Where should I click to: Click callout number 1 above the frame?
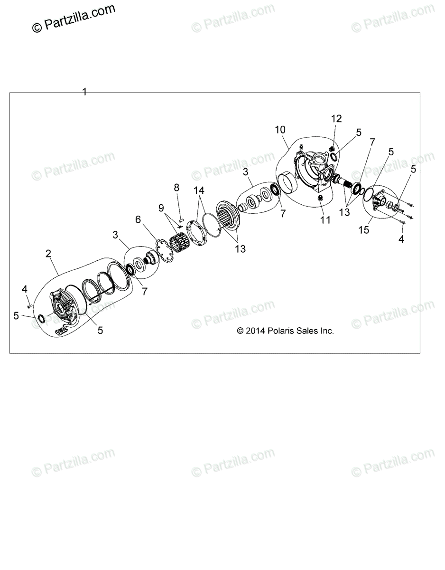[84, 92]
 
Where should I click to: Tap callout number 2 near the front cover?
[48, 254]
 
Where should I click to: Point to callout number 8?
[176, 188]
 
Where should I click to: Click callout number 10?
[280, 130]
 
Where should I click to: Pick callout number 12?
[336, 119]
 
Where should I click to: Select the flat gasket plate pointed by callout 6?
[164, 250]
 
